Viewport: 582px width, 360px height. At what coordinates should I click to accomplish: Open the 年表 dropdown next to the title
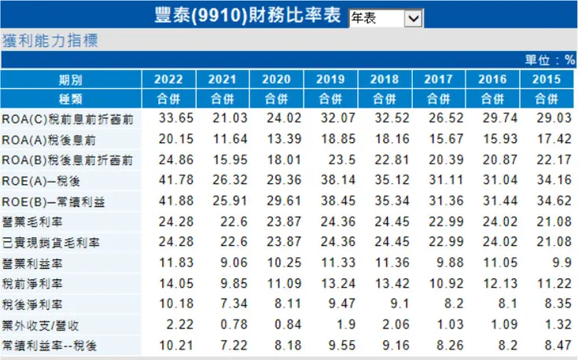click(x=385, y=18)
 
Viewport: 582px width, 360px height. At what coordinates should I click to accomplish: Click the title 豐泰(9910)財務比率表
click(x=247, y=17)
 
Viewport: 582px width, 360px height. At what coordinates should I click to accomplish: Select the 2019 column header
click(x=330, y=79)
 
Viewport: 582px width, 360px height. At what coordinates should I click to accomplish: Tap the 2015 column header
click(x=546, y=79)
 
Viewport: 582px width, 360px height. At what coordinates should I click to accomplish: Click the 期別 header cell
click(x=70, y=79)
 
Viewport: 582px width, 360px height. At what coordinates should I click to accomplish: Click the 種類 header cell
click(x=70, y=99)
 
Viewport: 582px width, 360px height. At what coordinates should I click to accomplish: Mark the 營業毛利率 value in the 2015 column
click(x=546, y=222)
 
